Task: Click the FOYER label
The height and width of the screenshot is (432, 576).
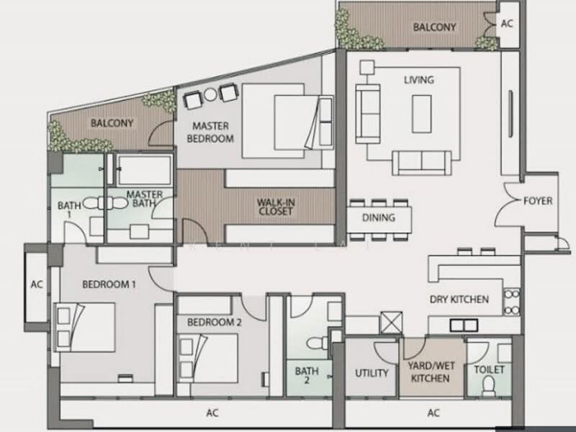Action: click(x=538, y=201)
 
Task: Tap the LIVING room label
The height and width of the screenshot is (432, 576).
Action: click(x=419, y=80)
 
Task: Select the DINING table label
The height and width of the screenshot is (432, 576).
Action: click(x=379, y=217)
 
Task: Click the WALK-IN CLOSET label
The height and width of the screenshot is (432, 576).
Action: click(x=276, y=207)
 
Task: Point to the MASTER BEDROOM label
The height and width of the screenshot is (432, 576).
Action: click(x=210, y=132)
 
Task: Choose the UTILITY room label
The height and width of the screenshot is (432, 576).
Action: click(x=372, y=373)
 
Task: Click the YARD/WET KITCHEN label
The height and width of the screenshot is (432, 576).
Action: click(x=431, y=372)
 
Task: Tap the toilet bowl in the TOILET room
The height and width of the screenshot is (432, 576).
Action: click(x=489, y=386)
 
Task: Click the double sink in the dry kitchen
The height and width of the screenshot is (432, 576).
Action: click(x=464, y=325)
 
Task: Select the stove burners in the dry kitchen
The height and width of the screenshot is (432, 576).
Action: click(x=512, y=302)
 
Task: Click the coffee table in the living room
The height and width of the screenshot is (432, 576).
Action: click(x=421, y=114)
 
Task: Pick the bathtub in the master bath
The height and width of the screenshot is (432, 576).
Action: click(x=144, y=169)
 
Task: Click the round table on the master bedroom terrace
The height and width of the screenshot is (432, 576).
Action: click(x=210, y=95)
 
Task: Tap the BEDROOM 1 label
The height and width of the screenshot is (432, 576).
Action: click(x=109, y=284)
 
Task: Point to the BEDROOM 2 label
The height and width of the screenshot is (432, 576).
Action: click(x=214, y=322)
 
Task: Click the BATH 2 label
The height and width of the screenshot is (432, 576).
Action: click(x=307, y=375)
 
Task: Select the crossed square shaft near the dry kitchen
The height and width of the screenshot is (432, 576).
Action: click(x=391, y=323)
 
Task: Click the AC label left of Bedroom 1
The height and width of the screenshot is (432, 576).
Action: click(x=37, y=284)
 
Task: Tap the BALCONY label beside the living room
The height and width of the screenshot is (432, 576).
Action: click(x=434, y=27)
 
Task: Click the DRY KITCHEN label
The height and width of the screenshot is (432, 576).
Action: click(x=459, y=300)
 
